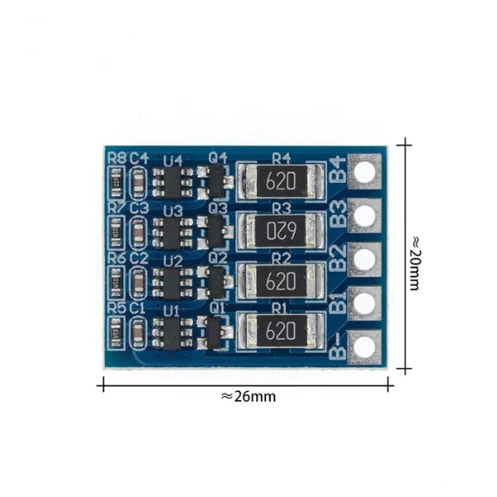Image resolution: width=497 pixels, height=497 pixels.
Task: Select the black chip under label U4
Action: (x=174, y=181)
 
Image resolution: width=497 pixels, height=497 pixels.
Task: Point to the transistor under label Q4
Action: (x=218, y=179)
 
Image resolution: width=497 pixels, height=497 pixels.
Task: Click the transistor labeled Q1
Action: (x=218, y=332)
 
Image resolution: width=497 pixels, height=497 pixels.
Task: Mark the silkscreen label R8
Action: (x=117, y=158)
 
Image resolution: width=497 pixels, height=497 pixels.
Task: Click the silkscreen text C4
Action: (x=138, y=158)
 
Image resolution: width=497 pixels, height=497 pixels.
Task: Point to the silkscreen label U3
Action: (x=173, y=210)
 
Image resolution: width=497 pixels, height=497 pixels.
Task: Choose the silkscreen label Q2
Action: (x=218, y=258)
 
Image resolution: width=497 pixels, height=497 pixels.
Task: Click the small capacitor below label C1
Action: (x=138, y=332)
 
